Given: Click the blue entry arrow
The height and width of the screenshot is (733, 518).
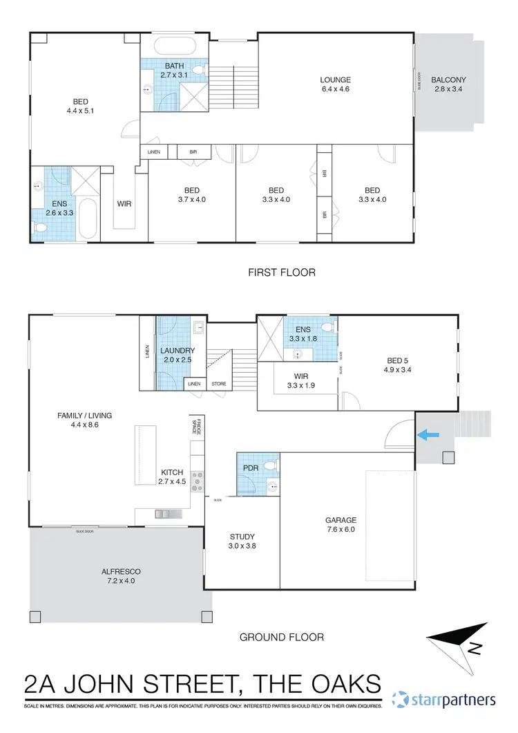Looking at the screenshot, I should pyautogui.click(x=428, y=434).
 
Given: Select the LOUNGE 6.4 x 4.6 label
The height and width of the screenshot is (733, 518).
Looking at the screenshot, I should pyautogui.click(x=336, y=84).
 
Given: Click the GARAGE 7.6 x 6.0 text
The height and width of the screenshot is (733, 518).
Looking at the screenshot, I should pyautogui.click(x=340, y=525).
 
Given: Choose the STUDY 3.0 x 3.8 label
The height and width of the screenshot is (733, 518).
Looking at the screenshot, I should pyautogui.click(x=242, y=541).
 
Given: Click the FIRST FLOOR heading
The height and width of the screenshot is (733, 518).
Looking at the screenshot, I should pyautogui.click(x=282, y=272).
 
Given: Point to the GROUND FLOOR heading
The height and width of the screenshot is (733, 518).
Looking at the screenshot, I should pyautogui.click(x=281, y=637).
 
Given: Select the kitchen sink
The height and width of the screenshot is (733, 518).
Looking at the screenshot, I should pyautogui.click(x=166, y=513).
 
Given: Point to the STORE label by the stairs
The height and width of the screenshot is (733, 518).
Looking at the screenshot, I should pyautogui.click(x=219, y=384).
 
